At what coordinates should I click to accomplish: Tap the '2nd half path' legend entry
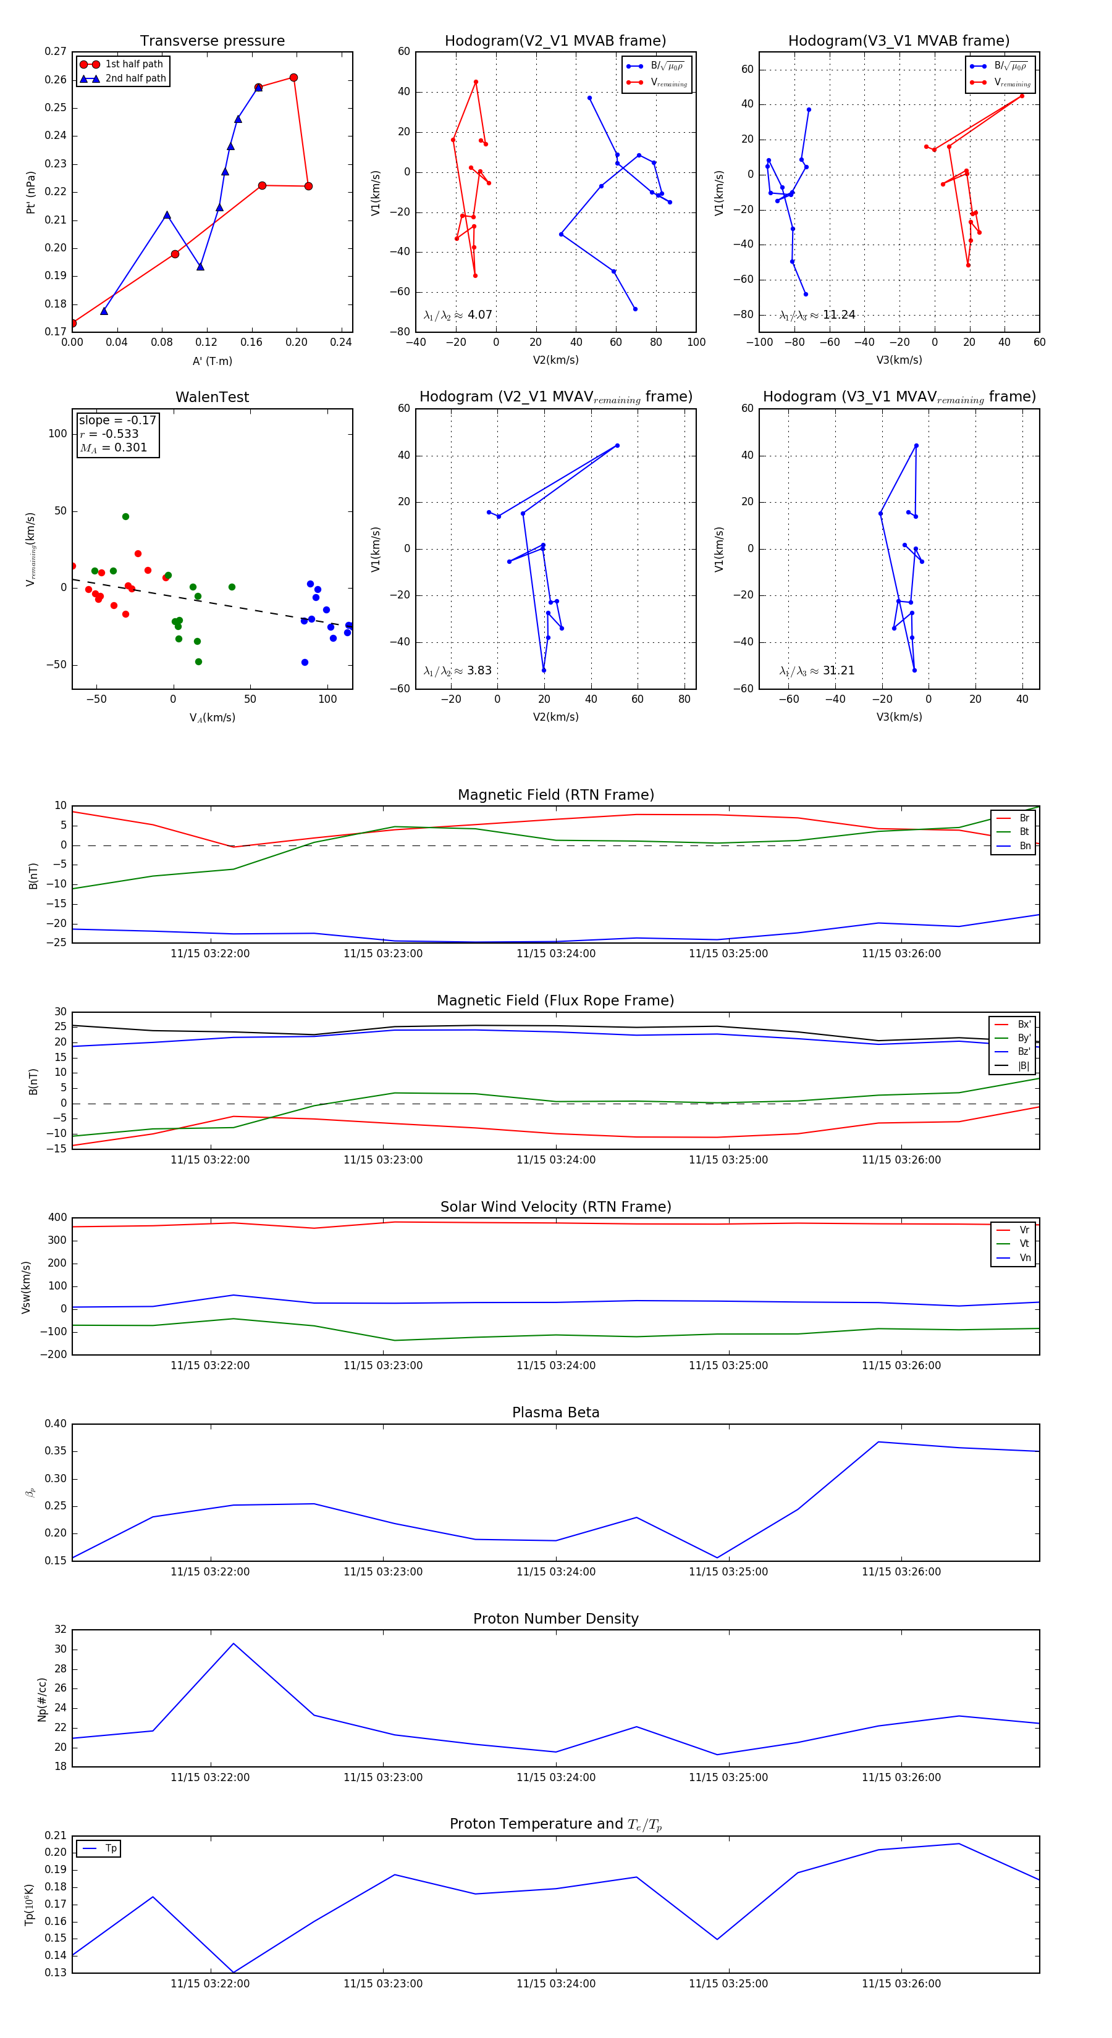135,78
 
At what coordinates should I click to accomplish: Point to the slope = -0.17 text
117,420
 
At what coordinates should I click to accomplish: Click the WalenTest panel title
212,397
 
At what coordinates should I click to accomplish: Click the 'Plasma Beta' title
555,1412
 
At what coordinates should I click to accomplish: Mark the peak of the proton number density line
234,1643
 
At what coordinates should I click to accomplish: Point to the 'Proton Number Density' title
555,1618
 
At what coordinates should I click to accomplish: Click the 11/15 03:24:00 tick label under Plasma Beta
555,1571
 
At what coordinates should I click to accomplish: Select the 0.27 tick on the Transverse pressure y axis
56,51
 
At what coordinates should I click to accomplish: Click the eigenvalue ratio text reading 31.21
816,670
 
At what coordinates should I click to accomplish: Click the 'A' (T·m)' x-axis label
212,361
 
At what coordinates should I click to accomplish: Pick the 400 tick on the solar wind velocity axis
57,1218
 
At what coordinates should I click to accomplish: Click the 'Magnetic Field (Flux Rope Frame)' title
555,1001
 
